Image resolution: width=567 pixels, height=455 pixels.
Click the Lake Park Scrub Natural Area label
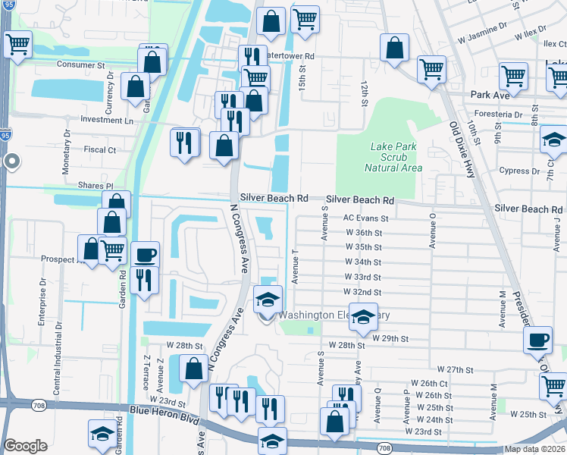[392, 157]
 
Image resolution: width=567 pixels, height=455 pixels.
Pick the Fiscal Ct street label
[101, 150]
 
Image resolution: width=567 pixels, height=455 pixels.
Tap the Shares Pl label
[95, 186]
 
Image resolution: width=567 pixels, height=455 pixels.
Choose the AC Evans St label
[365, 218]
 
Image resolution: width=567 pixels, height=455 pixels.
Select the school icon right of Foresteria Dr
[554, 140]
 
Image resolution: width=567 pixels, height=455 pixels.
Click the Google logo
[25, 446]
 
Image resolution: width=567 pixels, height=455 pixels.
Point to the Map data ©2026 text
[534, 449]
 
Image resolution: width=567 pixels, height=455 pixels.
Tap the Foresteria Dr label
[497, 115]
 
